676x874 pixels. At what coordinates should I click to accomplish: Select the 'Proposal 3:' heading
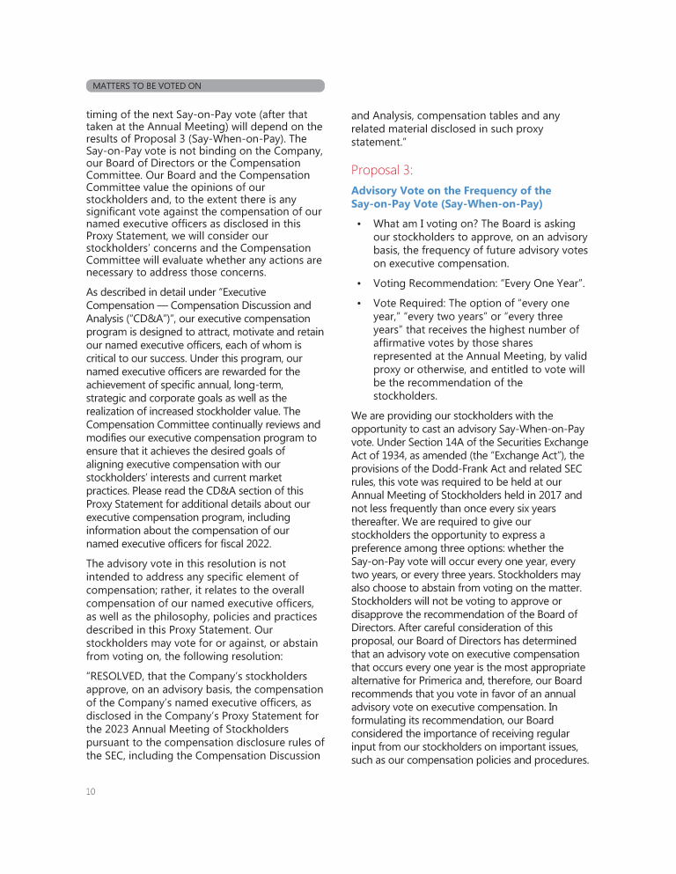[x=382, y=170]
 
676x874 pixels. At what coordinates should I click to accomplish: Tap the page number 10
[x=91, y=791]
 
